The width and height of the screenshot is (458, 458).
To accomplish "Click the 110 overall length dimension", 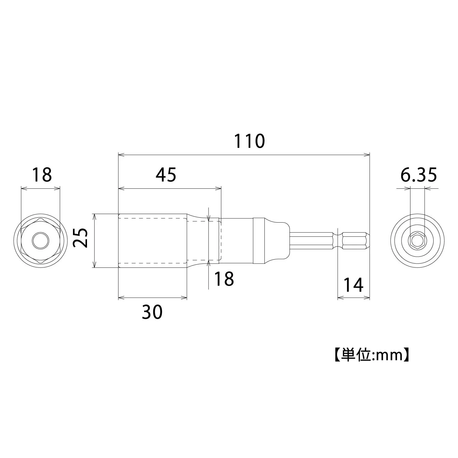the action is tap(249, 141).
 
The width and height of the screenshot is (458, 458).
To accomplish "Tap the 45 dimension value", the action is tap(166, 175).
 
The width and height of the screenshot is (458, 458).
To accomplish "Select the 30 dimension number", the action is tap(152, 312).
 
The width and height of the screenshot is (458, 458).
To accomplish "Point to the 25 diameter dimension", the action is tap(81, 238).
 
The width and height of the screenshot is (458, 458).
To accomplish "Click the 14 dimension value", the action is tap(354, 285).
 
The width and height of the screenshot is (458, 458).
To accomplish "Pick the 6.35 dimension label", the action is tap(419, 175).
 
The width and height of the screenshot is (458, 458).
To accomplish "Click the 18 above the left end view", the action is tap(42, 175).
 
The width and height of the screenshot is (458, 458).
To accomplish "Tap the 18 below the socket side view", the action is tap(224, 278).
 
